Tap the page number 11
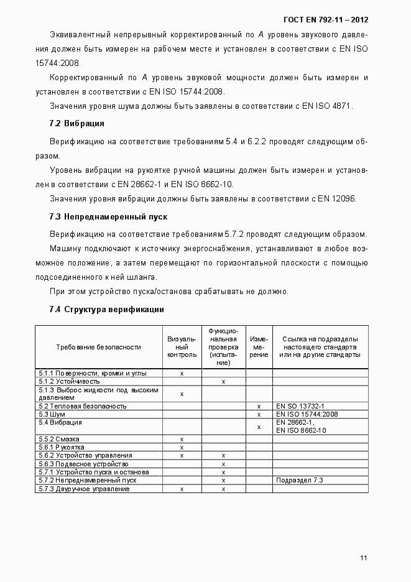point(364,558)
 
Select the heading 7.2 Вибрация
point(76,123)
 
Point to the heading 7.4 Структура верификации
point(106,309)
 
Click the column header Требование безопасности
point(98,347)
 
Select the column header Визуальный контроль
point(182,347)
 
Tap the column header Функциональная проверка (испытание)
point(223,347)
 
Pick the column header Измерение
point(259,347)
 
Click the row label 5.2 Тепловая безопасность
point(82,406)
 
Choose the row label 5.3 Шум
point(52,414)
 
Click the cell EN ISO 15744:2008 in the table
point(307,414)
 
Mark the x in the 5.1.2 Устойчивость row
point(223,381)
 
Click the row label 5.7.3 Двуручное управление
point(84,489)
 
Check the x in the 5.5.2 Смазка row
point(182,439)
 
